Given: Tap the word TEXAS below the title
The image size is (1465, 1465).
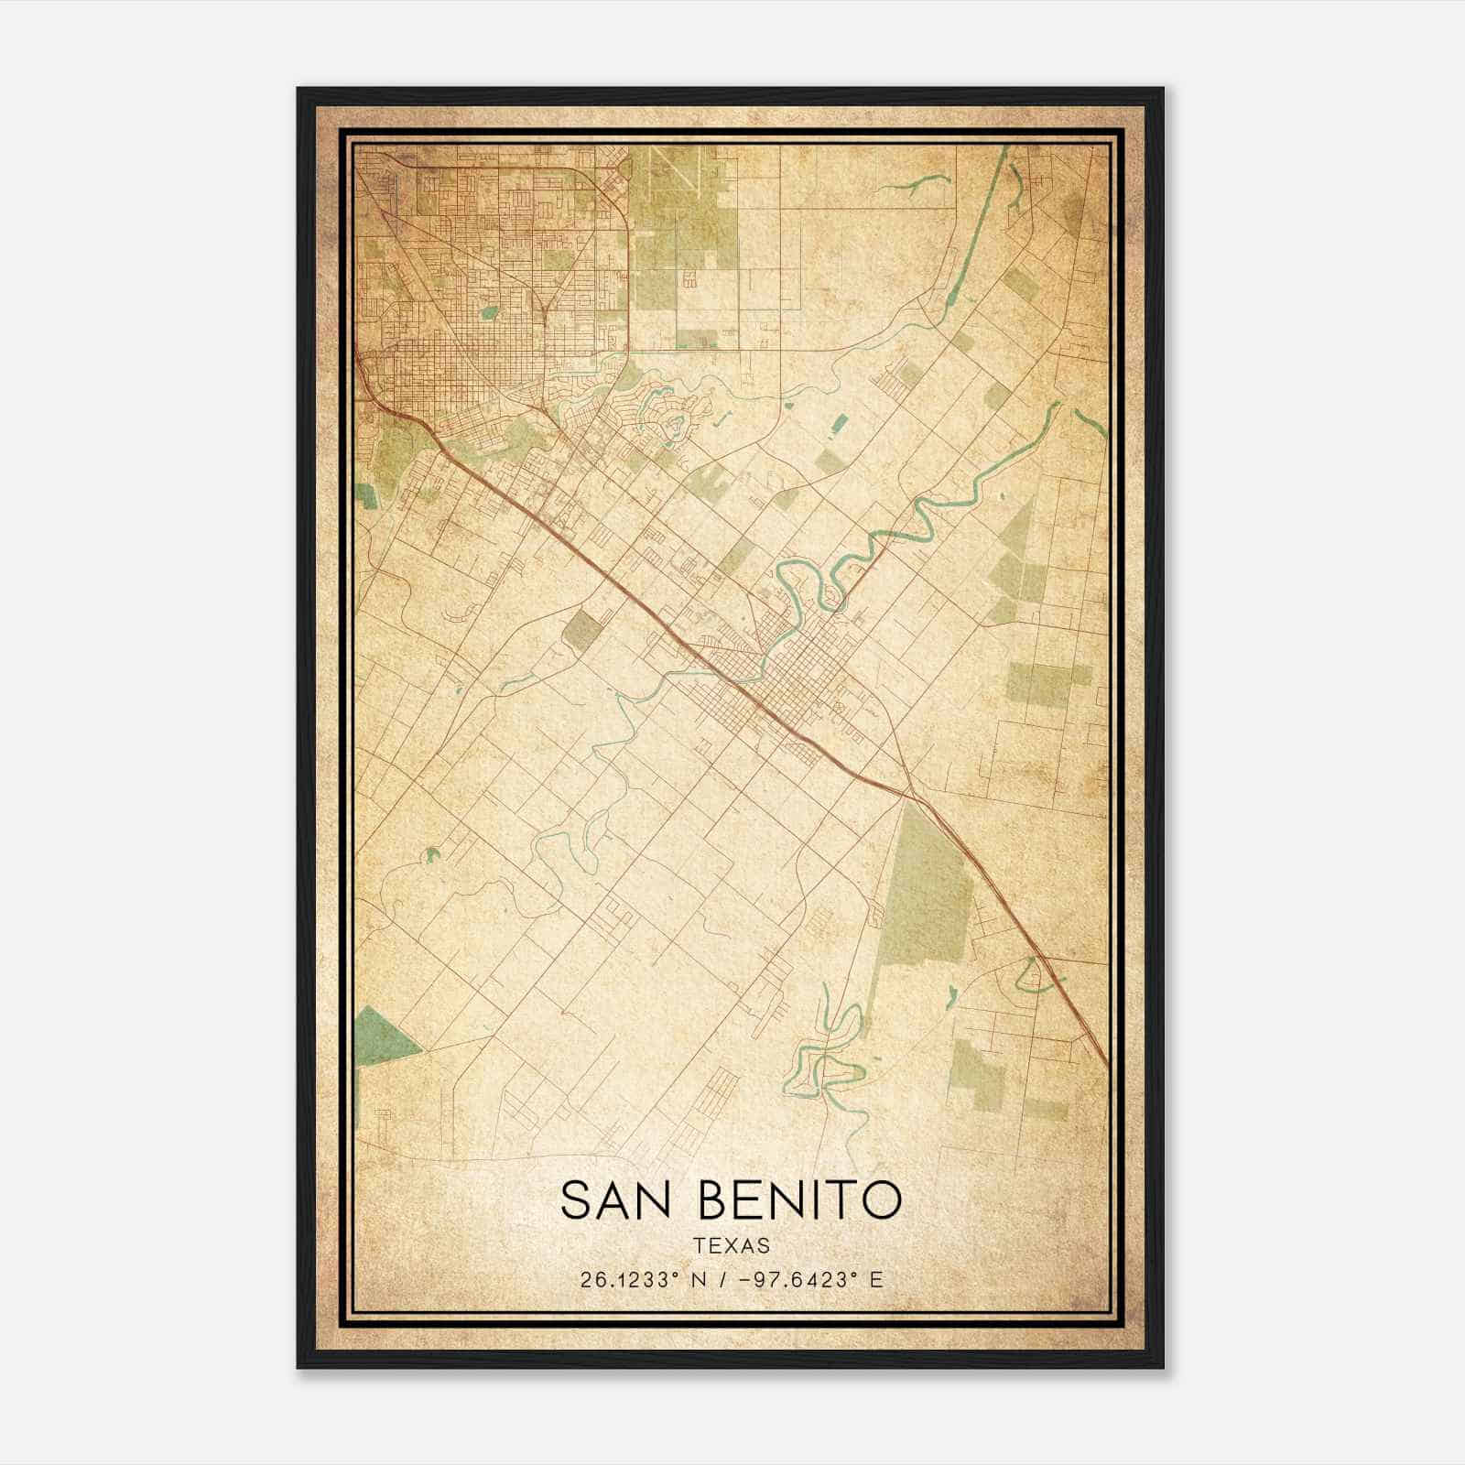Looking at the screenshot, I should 731,1246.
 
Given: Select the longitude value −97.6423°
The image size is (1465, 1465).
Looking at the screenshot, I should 789,1280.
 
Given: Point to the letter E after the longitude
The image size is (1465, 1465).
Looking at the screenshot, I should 876,1280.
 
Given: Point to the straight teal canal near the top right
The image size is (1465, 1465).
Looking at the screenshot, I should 975,229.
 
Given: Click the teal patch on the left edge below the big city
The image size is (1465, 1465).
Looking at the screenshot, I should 367,495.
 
